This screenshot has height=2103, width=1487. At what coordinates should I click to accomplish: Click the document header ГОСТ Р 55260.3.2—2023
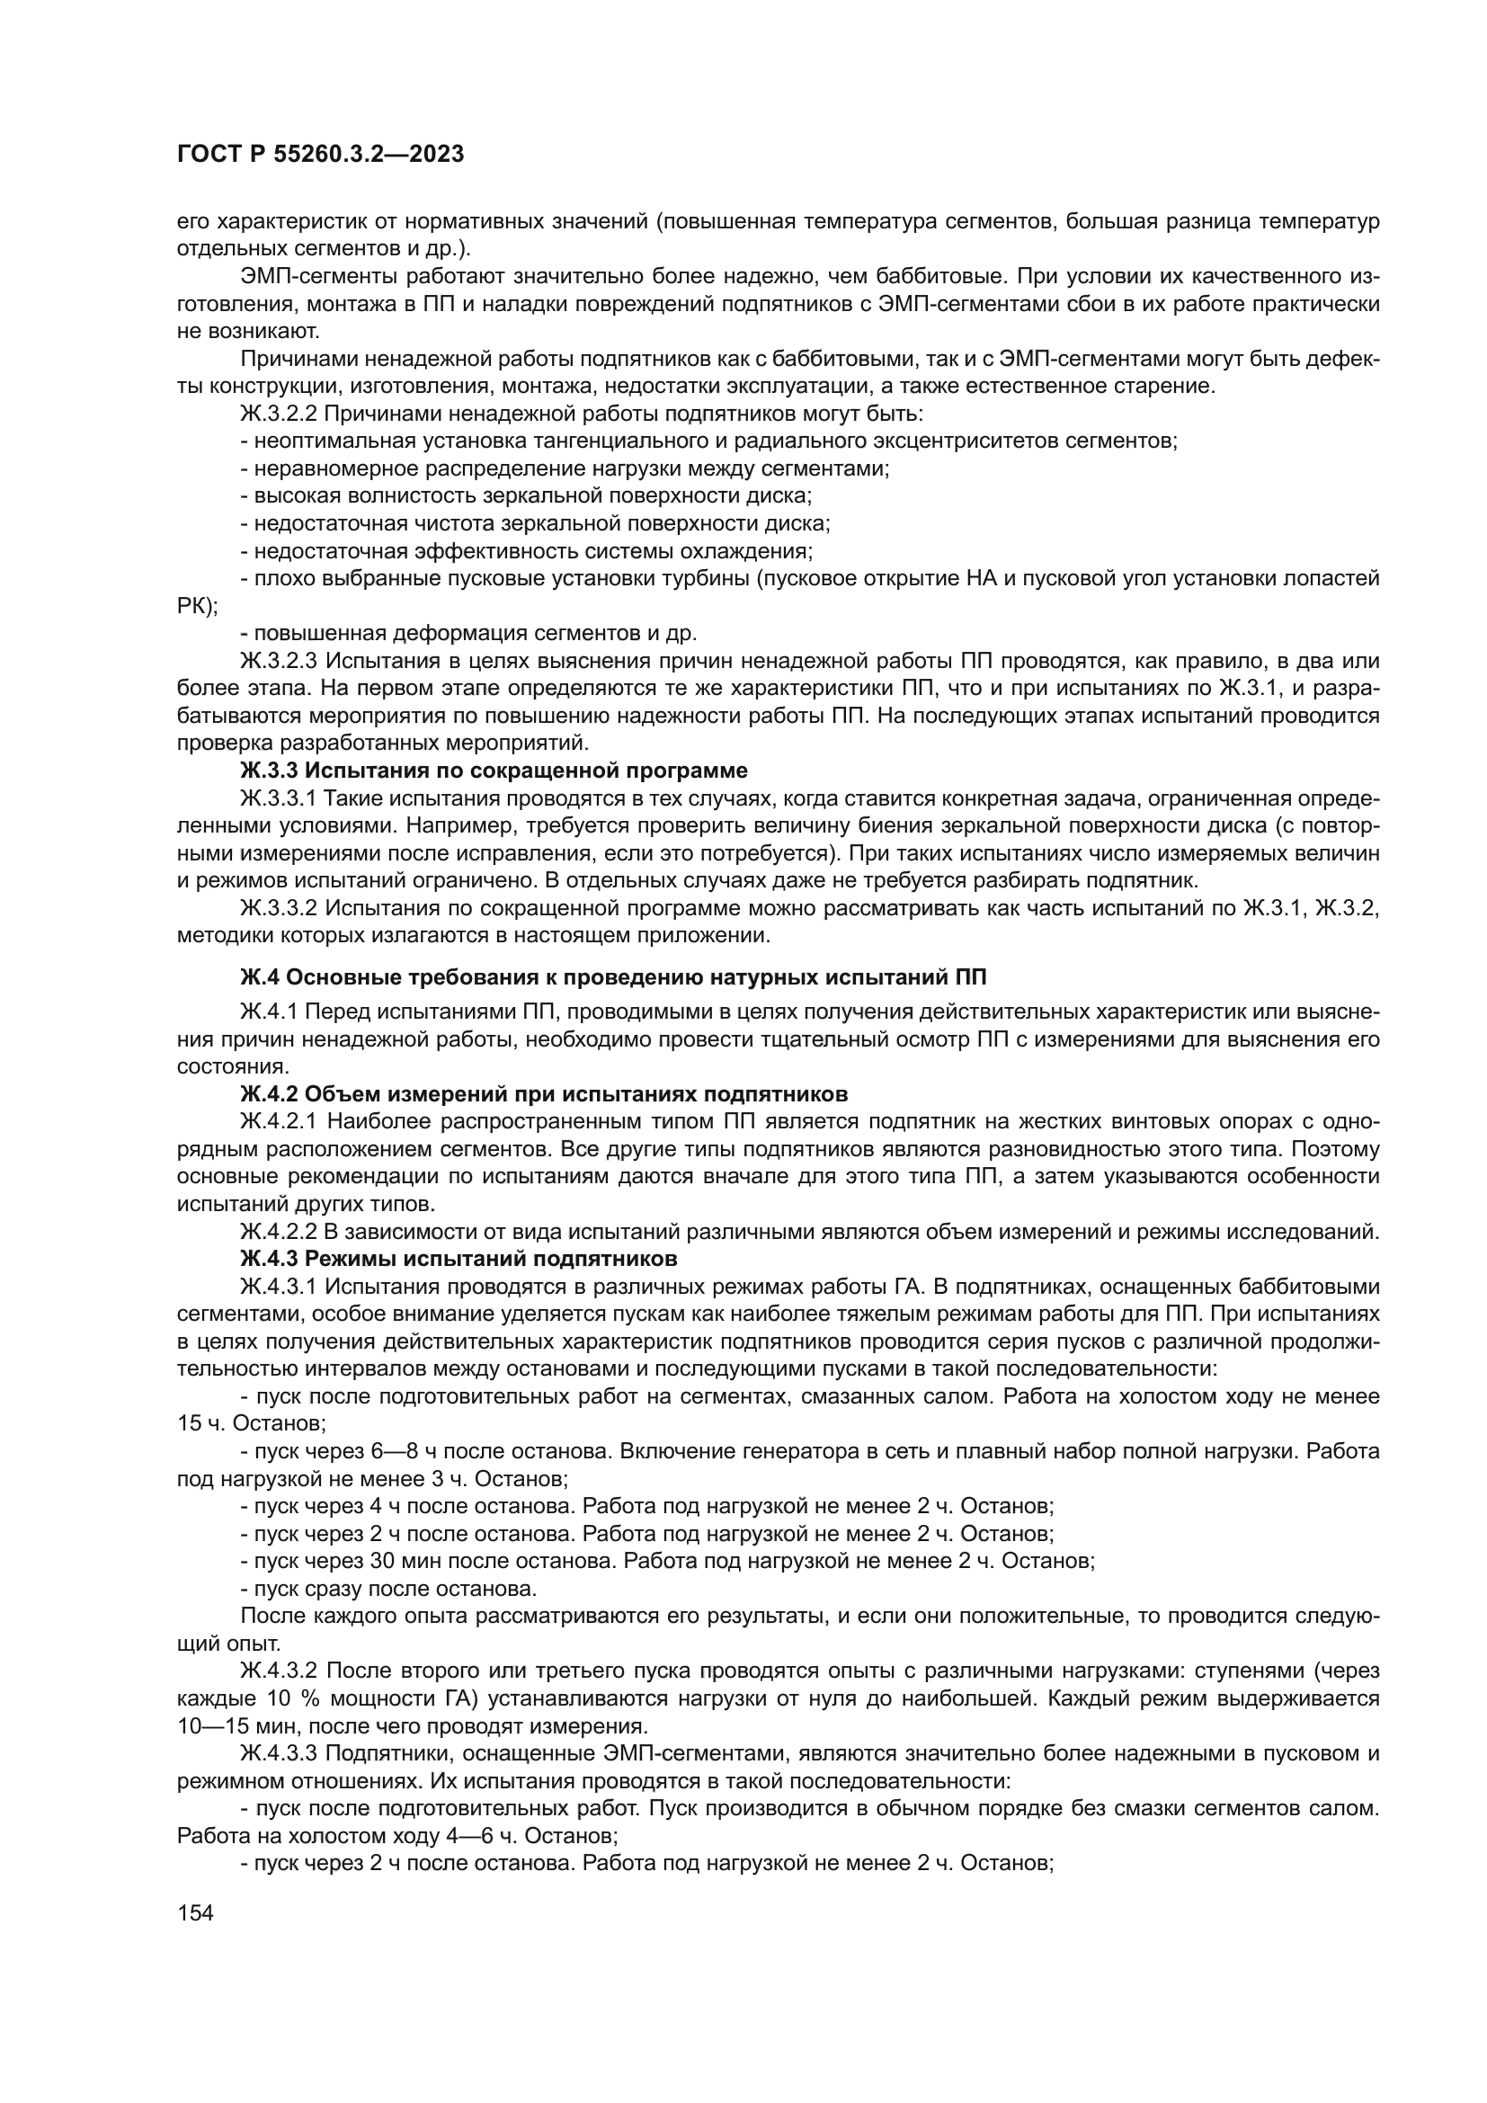(x=319, y=155)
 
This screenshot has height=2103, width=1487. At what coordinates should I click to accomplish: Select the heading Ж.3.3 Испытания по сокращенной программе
(x=494, y=770)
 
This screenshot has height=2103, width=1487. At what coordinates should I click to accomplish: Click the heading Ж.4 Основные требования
(x=612, y=977)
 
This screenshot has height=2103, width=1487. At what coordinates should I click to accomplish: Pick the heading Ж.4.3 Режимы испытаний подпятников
(x=459, y=1259)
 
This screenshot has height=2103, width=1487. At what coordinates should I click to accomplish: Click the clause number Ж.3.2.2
(x=279, y=413)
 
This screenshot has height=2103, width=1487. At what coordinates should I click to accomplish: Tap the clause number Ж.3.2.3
(x=279, y=661)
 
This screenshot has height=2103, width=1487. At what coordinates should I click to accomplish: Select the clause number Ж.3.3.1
(x=279, y=798)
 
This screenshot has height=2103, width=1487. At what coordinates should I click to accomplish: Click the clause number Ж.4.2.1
(x=279, y=1121)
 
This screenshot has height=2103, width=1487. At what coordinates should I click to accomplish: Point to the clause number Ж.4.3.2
(x=279, y=1670)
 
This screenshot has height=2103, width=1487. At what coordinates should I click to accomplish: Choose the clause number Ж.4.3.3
(x=279, y=1753)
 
